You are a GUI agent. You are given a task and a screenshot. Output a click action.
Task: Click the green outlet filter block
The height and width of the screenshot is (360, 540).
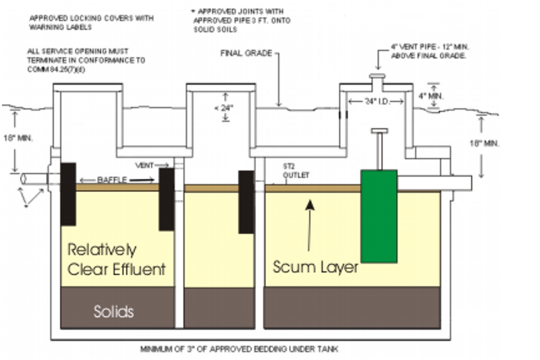(x=379, y=216)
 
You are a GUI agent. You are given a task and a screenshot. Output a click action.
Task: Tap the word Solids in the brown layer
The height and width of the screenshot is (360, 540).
(x=114, y=311)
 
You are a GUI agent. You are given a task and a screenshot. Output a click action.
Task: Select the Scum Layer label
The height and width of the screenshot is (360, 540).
(x=315, y=267)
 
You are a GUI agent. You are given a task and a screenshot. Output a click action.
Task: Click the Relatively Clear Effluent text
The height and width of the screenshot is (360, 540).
(x=116, y=260)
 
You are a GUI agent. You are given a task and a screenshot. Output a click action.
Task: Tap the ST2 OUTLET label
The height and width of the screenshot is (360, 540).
(x=296, y=170)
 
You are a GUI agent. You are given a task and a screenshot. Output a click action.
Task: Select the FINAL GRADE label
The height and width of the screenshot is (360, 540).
(x=246, y=53)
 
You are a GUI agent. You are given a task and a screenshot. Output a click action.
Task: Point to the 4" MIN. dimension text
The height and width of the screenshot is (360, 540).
(x=431, y=96)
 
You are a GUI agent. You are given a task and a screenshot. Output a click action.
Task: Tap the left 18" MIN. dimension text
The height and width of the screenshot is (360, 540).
(x=18, y=138)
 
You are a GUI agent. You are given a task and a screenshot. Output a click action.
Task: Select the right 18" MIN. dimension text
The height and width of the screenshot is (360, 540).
(x=484, y=143)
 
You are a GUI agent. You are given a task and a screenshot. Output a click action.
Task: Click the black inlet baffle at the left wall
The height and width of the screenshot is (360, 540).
(x=68, y=194)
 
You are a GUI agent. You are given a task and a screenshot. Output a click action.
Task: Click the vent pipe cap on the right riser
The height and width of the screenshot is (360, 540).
(x=377, y=76)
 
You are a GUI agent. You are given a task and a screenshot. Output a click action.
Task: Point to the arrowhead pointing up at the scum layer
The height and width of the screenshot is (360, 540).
(x=310, y=205)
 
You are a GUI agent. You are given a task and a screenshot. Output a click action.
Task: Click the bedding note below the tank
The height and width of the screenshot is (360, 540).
(x=239, y=349)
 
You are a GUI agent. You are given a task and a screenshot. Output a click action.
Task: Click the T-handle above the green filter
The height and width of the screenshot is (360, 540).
(x=379, y=131)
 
